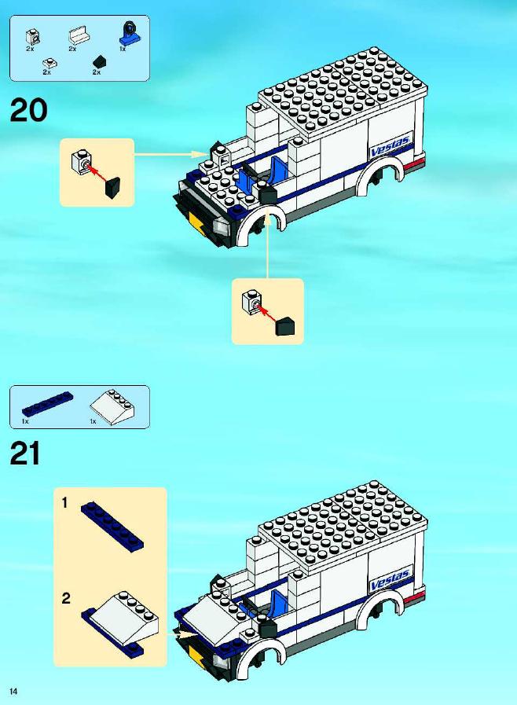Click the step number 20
click(x=28, y=111)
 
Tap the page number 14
click(x=13, y=692)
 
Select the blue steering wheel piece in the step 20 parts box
click(x=129, y=33)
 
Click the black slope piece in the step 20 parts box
click(x=99, y=61)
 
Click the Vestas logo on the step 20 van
click(x=390, y=146)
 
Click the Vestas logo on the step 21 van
click(x=390, y=579)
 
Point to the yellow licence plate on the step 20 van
click(x=198, y=223)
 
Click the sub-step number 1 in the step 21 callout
click(x=64, y=502)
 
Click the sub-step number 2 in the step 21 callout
click(x=66, y=598)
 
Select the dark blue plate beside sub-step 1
click(x=112, y=525)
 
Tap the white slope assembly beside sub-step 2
click(x=120, y=623)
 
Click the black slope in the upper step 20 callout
click(x=113, y=186)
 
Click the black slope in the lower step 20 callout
click(x=285, y=327)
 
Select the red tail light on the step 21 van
click(x=415, y=597)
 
